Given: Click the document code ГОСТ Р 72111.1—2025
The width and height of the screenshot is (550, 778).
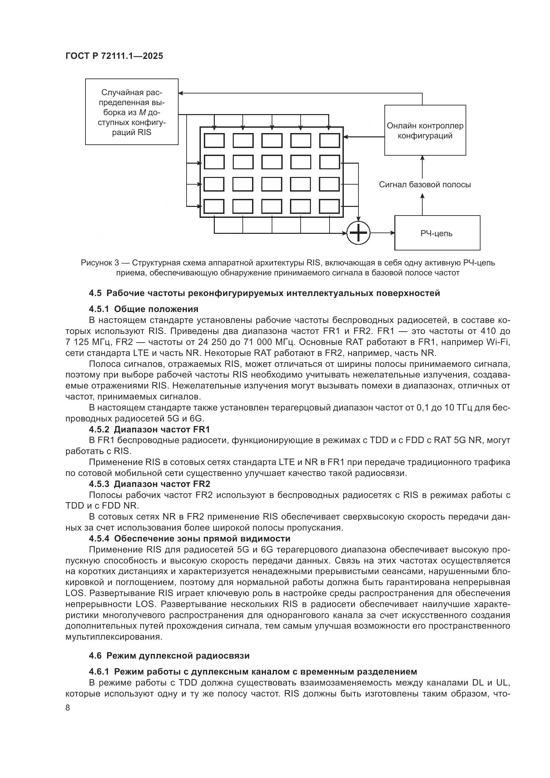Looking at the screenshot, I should coord(114,56).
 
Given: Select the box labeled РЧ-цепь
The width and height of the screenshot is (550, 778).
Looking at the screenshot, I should coord(437,233).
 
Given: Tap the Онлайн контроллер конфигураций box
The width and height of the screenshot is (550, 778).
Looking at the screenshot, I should coord(425,130).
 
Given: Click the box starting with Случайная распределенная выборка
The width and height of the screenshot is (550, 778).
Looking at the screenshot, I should coord(131,112).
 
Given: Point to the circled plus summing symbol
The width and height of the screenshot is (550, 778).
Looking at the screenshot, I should coord(358,233).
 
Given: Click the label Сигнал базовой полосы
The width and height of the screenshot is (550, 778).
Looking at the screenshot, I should coord(425,185).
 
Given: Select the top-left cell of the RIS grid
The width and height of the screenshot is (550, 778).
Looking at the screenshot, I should coord(214,140).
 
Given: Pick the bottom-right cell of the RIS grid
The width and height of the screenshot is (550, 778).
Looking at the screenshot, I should coord(330,206).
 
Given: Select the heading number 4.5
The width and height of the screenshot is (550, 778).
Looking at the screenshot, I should coord(95,293).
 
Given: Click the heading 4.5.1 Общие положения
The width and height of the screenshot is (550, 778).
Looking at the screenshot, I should coord(144,309).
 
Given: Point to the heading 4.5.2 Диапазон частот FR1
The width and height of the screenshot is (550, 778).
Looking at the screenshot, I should coord(149,429).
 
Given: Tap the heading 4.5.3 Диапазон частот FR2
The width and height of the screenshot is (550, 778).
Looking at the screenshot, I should coord(149,484).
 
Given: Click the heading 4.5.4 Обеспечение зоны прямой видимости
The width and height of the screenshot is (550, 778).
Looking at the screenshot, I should coord(190,539).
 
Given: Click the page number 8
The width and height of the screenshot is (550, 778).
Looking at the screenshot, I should coord(68,708).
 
